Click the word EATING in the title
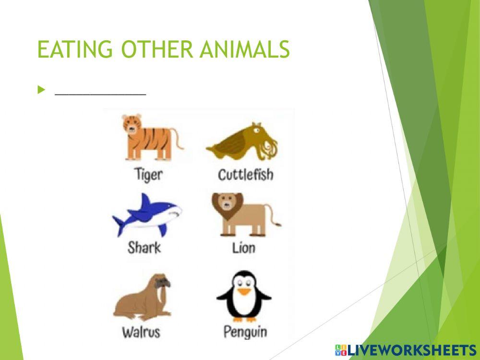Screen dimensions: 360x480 pyautogui.click(x=75, y=49)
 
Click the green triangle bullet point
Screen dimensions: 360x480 pyautogui.click(x=41, y=90)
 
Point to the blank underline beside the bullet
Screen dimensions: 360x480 pyautogui.click(x=100, y=94)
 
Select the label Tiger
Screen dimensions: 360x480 pyautogui.click(x=148, y=175)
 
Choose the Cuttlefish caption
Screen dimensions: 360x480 pyautogui.click(x=245, y=174)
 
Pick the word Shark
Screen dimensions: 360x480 pyautogui.click(x=144, y=248)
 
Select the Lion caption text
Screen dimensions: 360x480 pyautogui.click(x=244, y=248)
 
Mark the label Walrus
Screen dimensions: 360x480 pyautogui.click(x=141, y=332)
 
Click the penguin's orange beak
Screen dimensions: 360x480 pyautogui.click(x=244, y=291)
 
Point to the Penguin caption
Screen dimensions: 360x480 pyautogui.click(x=245, y=332)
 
